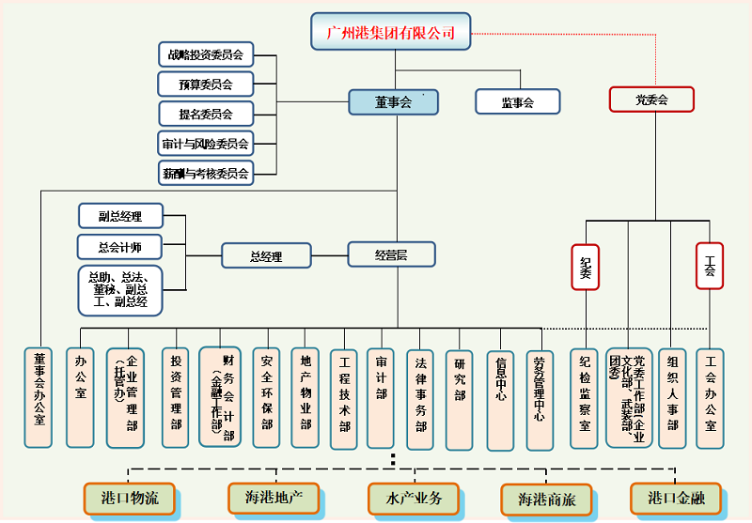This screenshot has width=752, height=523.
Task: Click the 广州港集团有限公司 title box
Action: pos(390,33)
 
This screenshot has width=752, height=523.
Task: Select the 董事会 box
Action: pos(393,102)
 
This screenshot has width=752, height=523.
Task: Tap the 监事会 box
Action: pos(517,102)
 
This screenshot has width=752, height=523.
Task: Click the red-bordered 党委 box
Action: pos(650,100)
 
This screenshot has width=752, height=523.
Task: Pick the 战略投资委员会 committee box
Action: pos(206,55)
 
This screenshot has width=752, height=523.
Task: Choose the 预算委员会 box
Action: pos(206,85)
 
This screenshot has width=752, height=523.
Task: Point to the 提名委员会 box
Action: pos(206,114)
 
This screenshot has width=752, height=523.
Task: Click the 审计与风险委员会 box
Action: pos(206,144)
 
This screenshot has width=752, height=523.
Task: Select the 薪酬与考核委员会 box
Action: pos(206,173)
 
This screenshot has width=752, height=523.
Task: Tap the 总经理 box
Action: pos(266,255)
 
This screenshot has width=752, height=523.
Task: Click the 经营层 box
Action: pos(391,254)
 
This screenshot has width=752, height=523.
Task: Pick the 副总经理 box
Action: pos(120,216)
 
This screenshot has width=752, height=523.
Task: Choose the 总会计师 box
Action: pos(120,247)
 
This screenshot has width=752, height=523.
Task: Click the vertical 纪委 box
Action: pos(585,268)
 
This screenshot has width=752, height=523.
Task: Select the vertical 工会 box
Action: pos(710,267)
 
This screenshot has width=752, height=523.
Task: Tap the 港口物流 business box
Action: pos(129,498)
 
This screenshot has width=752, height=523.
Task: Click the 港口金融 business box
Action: pos(676,498)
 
